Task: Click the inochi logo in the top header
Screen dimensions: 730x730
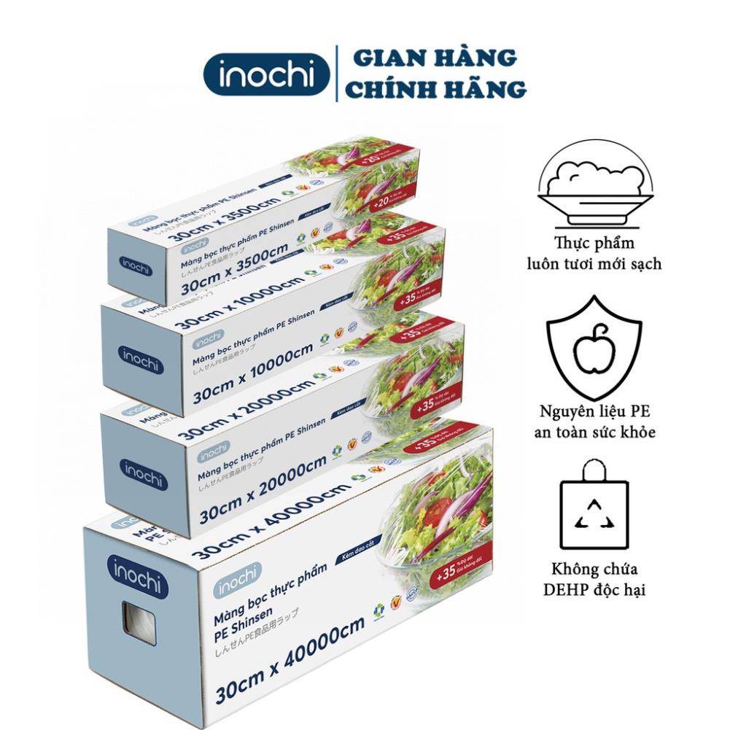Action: click(266, 74)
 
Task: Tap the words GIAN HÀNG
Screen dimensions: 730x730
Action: click(431, 57)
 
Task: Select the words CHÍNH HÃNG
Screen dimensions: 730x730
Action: click(436, 89)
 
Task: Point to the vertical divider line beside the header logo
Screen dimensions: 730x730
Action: click(336, 73)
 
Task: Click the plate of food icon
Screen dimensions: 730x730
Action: click(594, 186)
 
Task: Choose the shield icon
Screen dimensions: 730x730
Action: click(594, 347)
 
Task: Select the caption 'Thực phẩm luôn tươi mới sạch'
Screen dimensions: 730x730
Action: click(594, 253)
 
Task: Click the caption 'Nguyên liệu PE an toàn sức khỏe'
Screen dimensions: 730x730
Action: click(594, 422)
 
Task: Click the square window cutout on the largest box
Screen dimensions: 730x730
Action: click(138, 622)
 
